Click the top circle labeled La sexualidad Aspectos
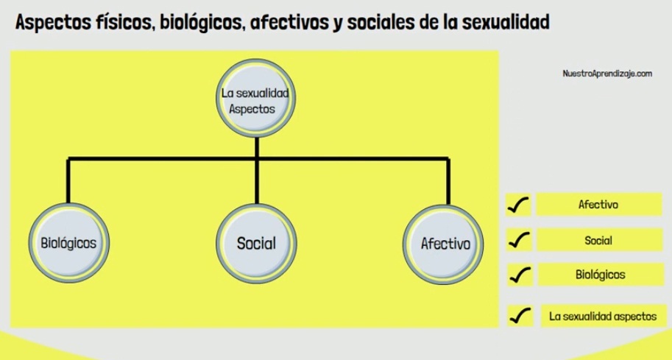pyautogui.click(x=256, y=98)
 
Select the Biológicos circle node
pyautogui.click(x=69, y=242)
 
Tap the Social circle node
pyautogui.click(x=256, y=244)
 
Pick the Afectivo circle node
pyautogui.click(x=443, y=244)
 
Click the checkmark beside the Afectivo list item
pyautogui.click(x=518, y=205)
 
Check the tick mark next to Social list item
pyautogui.click(x=519, y=241)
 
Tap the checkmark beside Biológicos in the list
pyautogui.click(x=520, y=275)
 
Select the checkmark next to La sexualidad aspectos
pyautogui.click(x=520, y=317)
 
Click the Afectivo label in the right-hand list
pyautogui.click(x=598, y=205)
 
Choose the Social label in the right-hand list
pyautogui.click(x=598, y=241)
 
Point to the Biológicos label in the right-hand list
pyautogui.click(x=600, y=275)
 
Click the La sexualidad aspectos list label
pyautogui.click(x=603, y=317)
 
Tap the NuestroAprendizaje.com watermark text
pyautogui.click(x=607, y=74)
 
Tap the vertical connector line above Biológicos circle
pyautogui.click(x=68, y=180)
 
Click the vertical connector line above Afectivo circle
pyautogui.click(x=448, y=181)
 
